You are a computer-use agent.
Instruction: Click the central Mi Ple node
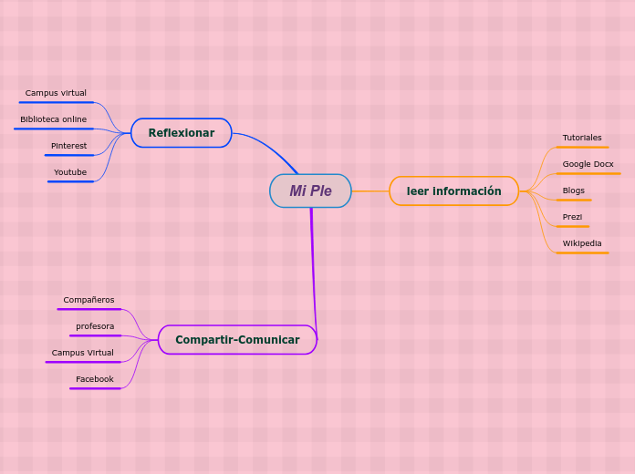pyautogui.click(x=310, y=191)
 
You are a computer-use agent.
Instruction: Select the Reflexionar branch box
pyautogui.click(x=181, y=133)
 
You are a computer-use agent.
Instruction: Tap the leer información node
pyautogui.click(x=453, y=191)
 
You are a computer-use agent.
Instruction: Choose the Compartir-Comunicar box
pyautogui.click(x=237, y=340)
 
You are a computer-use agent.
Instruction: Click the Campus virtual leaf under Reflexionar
pyautogui.click(x=56, y=93)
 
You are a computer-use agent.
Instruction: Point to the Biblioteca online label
pyautogui.click(x=54, y=119)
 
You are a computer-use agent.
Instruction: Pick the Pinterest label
pyautogui.click(x=68, y=146)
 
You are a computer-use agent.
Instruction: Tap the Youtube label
pyautogui.click(x=70, y=172)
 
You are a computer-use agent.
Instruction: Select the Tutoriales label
pyautogui.click(x=582, y=138)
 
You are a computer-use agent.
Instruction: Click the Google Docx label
pyautogui.click(x=588, y=164)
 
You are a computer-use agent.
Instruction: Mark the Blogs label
pyautogui.click(x=574, y=191)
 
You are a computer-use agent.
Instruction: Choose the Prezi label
pyautogui.click(x=572, y=217)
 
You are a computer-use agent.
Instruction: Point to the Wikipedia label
pyautogui.click(x=582, y=243)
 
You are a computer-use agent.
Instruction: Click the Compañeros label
pyautogui.click(x=88, y=300)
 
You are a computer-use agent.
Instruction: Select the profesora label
pyautogui.click(x=95, y=326)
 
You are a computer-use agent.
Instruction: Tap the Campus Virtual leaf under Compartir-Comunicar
pyautogui.click(x=82, y=353)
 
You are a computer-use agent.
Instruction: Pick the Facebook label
pyautogui.click(x=95, y=379)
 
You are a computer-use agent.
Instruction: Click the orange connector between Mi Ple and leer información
pyautogui.click(x=370, y=191)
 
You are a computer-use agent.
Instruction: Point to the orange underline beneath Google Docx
pyautogui.click(x=588, y=173)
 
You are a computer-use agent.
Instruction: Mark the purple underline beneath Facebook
pyautogui.click(x=95, y=388)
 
